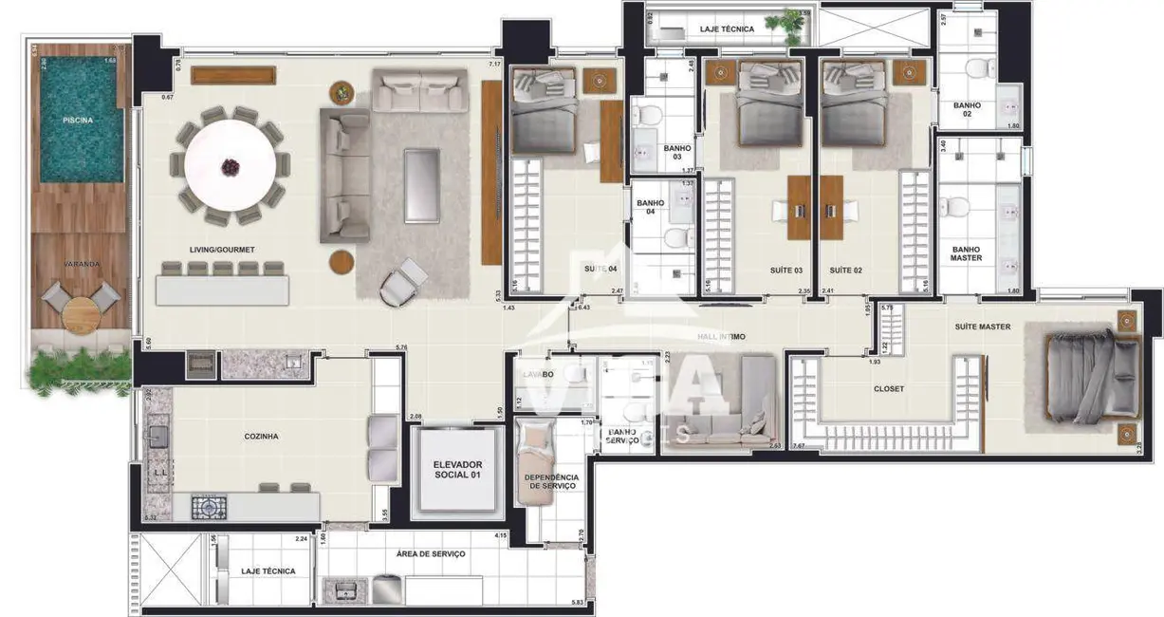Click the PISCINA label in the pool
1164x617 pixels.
point(77,122)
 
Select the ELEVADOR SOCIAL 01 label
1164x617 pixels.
point(458,470)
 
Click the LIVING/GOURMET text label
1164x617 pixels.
point(221,250)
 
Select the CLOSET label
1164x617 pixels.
point(888,389)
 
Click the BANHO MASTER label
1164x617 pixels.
point(966,253)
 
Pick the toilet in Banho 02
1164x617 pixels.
point(978,69)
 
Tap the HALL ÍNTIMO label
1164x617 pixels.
point(720,336)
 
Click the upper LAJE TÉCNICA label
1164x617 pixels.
point(727,29)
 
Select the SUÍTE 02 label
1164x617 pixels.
point(844,271)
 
